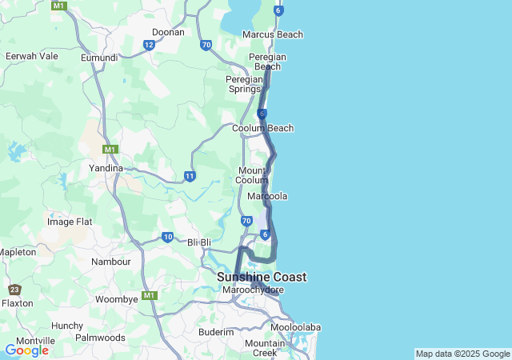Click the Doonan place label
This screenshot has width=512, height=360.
pyautogui.click(x=168, y=33)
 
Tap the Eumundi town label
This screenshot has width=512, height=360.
pyautogui.click(x=99, y=58)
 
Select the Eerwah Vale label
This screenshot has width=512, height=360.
pyautogui.click(x=31, y=56)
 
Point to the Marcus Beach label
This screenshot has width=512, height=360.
pyautogui.click(x=273, y=35)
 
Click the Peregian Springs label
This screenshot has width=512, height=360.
pyautogui.click(x=245, y=84)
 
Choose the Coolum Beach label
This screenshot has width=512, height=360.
pyautogui.click(x=262, y=128)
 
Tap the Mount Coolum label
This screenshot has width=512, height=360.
pyautogui.click(x=253, y=175)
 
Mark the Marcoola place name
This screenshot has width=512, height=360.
pyautogui.click(x=267, y=196)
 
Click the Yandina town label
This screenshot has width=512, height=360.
pyautogui.click(x=106, y=169)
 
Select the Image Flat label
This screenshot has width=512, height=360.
pyautogui.click(x=70, y=222)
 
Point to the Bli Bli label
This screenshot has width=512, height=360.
pyautogui.click(x=199, y=242)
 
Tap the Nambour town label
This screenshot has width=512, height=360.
pyautogui.click(x=111, y=262)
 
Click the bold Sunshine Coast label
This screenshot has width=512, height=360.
pyautogui.click(x=262, y=277)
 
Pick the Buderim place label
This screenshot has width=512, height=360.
pyautogui.click(x=216, y=332)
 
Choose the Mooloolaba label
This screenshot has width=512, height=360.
pyautogui.click(x=295, y=328)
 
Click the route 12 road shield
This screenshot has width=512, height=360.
pyautogui.click(x=149, y=45)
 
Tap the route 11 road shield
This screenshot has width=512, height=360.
pyautogui.click(x=190, y=175)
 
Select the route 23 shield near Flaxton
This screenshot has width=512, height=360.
pyautogui.click(x=14, y=290)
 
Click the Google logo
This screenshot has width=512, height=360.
pyautogui.click(x=26, y=350)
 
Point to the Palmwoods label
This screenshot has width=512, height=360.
pyautogui.click(x=100, y=338)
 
